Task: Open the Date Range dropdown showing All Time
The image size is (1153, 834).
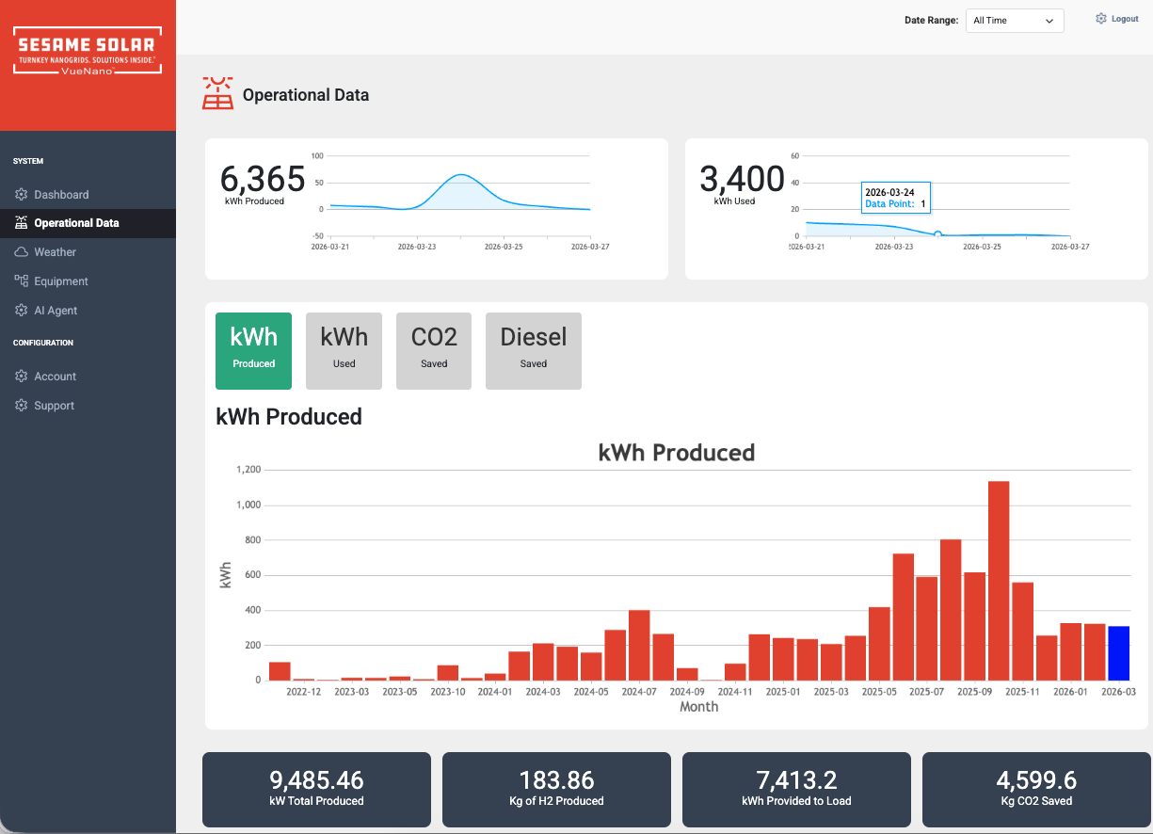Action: coord(1014,21)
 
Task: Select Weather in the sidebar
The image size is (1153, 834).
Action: coord(56,252)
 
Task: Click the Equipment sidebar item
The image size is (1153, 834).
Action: coord(61,281)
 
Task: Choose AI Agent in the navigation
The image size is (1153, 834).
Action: coord(56,311)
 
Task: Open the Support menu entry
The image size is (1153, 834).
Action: coord(54,406)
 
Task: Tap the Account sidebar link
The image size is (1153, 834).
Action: coord(56,377)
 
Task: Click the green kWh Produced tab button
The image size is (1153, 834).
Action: coord(253,350)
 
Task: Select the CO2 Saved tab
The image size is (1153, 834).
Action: coord(434,350)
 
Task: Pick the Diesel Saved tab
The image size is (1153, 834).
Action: coord(533,350)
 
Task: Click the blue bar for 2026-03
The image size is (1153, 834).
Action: coord(1118,652)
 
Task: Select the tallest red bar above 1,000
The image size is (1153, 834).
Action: coord(999,580)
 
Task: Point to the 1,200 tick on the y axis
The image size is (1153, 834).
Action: coord(248,470)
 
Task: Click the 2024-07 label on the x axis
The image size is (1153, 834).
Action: coord(638,692)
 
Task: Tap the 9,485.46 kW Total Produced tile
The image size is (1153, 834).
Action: coord(316,789)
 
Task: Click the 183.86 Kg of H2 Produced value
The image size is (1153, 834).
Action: coord(556,780)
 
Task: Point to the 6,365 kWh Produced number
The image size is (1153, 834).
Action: coord(263,179)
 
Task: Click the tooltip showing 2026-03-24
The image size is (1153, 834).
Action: coord(895,198)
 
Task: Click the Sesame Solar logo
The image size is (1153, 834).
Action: coord(88,52)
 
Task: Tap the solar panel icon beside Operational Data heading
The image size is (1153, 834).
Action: coord(218,94)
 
